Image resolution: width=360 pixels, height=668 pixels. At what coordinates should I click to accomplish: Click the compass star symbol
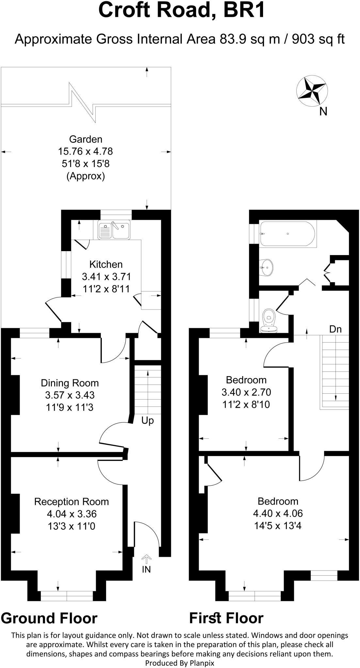(x=312, y=91)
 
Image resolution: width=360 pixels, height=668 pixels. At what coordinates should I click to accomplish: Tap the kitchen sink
(x=114, y=230)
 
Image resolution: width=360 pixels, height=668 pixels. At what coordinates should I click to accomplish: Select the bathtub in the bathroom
(x=287, y=234)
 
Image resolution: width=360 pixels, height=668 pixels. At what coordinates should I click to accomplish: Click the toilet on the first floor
(x=270, y=320)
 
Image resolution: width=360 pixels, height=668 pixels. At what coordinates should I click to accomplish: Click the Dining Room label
(x=70, y=383)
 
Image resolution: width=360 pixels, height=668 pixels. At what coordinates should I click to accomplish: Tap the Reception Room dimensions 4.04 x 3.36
(x=71, y=514)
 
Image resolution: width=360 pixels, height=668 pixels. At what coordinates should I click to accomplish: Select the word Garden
(x=86, y=139)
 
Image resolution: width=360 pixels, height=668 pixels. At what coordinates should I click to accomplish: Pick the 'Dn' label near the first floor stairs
(x=335, y=329)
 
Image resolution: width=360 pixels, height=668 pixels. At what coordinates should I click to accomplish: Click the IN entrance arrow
(x=146, y=560)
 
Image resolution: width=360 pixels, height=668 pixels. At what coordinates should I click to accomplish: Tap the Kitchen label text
(x=106, y=264)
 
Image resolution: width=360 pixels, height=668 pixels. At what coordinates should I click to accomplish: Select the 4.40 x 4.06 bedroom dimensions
(x=278, y=513)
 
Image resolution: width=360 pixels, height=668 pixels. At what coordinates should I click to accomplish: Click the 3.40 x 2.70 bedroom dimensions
(x=246, y=392)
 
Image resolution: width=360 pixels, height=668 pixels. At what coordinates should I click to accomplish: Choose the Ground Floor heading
(x=49, y=618)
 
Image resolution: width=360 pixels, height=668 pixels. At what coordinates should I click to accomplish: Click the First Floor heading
(x=226, y=618)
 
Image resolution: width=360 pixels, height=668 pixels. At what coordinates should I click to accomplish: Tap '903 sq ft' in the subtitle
(x=318, y=39)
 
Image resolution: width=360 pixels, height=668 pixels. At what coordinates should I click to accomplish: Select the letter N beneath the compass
(x=323, y=112)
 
